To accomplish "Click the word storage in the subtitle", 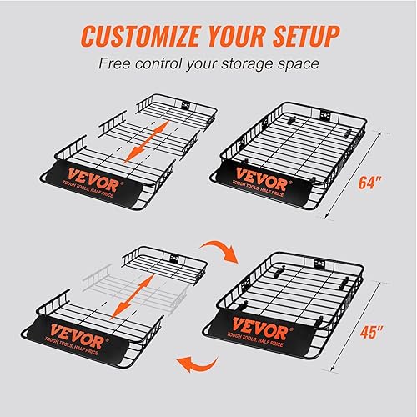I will click(x=254, y=63).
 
